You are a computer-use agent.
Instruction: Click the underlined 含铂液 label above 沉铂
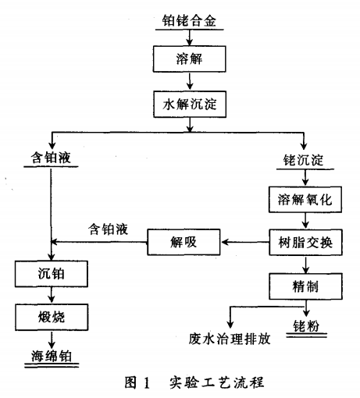(49, 157)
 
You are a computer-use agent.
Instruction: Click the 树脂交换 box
(305, 242)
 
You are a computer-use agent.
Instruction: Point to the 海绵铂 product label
(50, 356)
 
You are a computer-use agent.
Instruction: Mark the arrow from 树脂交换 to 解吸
(244, 243)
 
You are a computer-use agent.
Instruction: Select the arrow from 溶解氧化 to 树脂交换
(305, 220)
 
